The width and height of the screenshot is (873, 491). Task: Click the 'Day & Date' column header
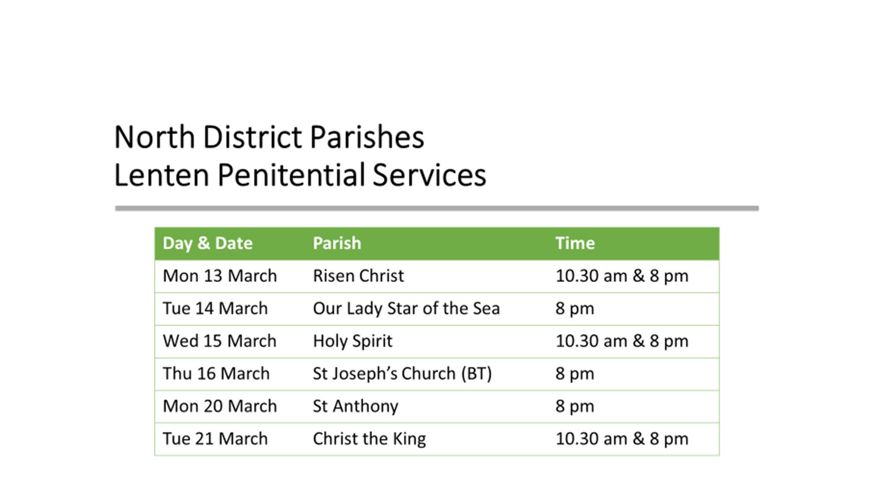click(207, 244)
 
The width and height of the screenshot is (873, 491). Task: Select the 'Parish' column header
click(337, 243)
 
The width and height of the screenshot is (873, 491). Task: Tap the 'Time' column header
click(575, 243)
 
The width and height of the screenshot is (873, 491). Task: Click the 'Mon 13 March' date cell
click(220, 276)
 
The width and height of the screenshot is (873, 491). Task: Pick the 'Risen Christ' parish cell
click(358, 276)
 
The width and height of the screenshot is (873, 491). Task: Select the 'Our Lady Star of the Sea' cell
click(406, 309)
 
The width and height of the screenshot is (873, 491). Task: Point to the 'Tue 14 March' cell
click(215, 308)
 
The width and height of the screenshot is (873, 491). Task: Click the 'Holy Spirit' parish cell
click(352, 341)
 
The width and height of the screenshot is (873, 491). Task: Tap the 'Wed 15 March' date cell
click(220, 341)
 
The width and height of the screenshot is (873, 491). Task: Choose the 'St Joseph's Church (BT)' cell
click(402, 374)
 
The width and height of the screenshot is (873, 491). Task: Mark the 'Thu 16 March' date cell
click(216, 374)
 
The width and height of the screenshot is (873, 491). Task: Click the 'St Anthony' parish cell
click(356, 406)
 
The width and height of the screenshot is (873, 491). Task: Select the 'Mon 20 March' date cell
click(220, 406)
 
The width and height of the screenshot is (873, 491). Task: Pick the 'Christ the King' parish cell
click(369, 439)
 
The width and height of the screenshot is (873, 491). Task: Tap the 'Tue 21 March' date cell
click(215, 439)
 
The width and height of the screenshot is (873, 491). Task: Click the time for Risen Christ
click(622, 276)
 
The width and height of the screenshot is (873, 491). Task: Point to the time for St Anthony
click(575, 406)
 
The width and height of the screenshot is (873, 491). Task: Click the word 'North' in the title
click(155, 137)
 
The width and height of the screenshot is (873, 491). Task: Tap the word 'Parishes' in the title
click(367, 137)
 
